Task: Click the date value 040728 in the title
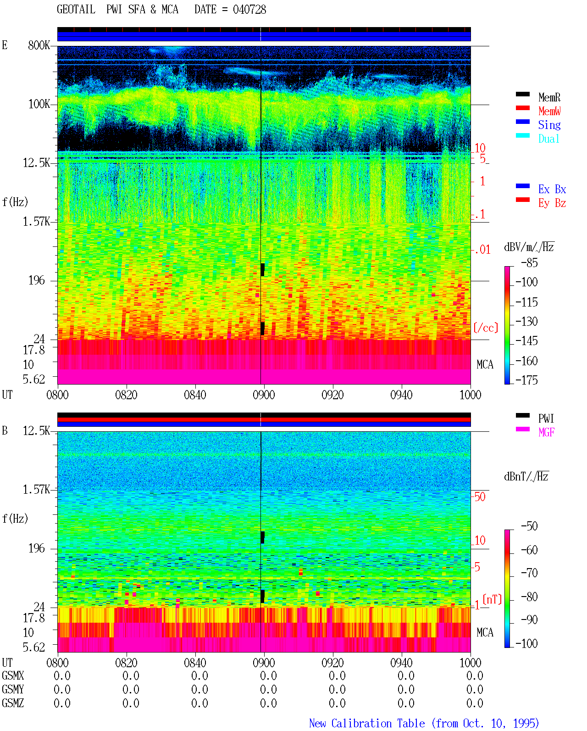pyautogui.click(x=249, y=10)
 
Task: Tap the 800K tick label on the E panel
pyautogui.click(x=39, y=45)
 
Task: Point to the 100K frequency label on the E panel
pyautogui.click(x=39, y=104)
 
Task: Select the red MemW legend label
pyautogui.click(x=549, y=111)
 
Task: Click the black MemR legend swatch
pyautogui.click(x=522, y=94)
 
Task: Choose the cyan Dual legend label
pyautogui.click(x=549, y=139)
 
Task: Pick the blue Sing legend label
pyautogui.click(x=549, y=125)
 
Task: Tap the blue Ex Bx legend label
pyautogui.click(x=552, y=189)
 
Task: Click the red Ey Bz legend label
pyautogui.click(x=552, y=203)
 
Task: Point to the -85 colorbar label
pyautogui.click(x=529, y=262)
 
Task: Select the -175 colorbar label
pyautogui.click(x=526, y=380)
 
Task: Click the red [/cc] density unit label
pyautogui.click(x=486, y=328)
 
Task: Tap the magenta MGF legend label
pyautogui.click(x=546, y=432)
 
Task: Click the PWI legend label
pyautogui.click(x=546, y=418)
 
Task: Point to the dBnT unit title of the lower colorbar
pyautogui.click(x=526, y=477)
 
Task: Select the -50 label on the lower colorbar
pyautogui.click(x=529, y=526)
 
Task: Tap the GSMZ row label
pyautogui.click(x=13, y=703)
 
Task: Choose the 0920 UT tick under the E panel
pyautogui.click(x=333, y=395)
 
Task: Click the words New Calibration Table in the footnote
pyautogui.click(x=367, y=723)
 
